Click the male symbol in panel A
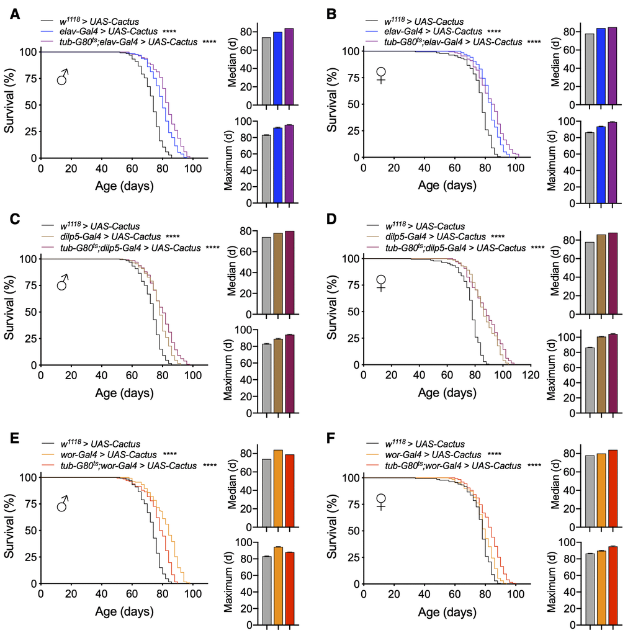63,78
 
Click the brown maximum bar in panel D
601,374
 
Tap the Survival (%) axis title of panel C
11,312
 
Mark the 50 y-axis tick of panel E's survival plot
28,531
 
